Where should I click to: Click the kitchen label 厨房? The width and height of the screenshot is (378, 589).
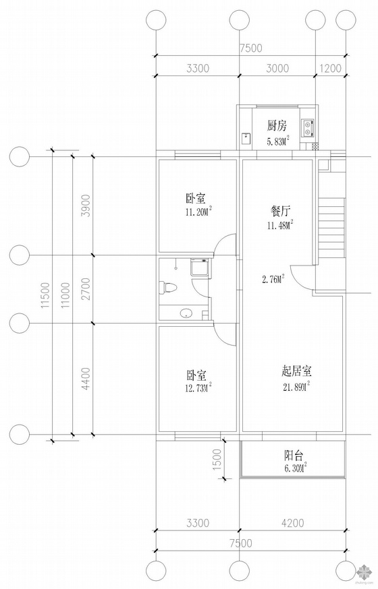pyautogui.click(x=277, y=126)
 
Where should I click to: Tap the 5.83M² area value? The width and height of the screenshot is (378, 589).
pyautogui.click(x=277, y=141)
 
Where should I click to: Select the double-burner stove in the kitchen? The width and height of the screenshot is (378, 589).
pyautogui.click(x=308, y=127)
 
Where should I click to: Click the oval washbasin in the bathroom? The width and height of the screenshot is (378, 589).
pyautogui.click(x=186, y=313)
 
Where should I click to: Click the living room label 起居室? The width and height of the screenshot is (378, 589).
pyautogui.click(x=296, y=371)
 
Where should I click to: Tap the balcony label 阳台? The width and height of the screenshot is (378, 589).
pyautogui.click(x=294, y=456)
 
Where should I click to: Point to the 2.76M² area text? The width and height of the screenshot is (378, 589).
pyautogui.click(x=273, y=279)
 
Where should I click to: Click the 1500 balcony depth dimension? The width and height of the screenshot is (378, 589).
pyautogui.click(x=218, y=459)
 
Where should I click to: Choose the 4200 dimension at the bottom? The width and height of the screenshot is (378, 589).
pyautogui.click(x=292, y=522)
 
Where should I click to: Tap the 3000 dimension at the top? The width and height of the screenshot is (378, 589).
pyautogui.click(x=277, y=68)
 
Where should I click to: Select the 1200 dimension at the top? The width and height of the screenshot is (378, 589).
pyautogui.click(x=330, y=68)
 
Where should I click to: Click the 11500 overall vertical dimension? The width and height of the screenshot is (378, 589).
pyautogui.click(x=46, y=295)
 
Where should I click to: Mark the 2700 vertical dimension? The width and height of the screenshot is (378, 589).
pyautogui.click(x=86, y=289)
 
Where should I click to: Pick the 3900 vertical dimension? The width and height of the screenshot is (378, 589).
pyautogui.click(x=86, y=205)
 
